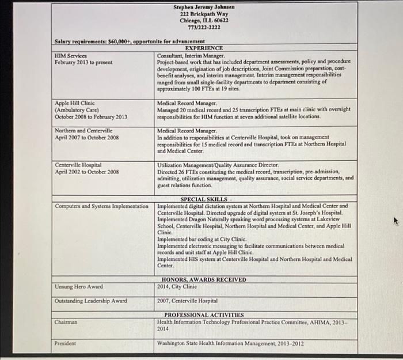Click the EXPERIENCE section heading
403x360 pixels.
[204, 48]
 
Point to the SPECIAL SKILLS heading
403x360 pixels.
[204, 199]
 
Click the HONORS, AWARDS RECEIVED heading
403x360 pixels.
[204, 279]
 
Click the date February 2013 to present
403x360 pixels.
[83, 62]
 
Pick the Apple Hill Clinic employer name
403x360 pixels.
[75, 103]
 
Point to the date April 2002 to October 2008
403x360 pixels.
[86, 172]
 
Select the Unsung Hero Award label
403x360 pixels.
[79, 286]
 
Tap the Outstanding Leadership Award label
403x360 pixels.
[91, 301]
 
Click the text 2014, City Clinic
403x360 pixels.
[177, 286]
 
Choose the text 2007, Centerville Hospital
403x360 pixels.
[187, 301]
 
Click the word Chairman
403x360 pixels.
[67, 323]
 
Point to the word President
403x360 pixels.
[66, 343]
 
